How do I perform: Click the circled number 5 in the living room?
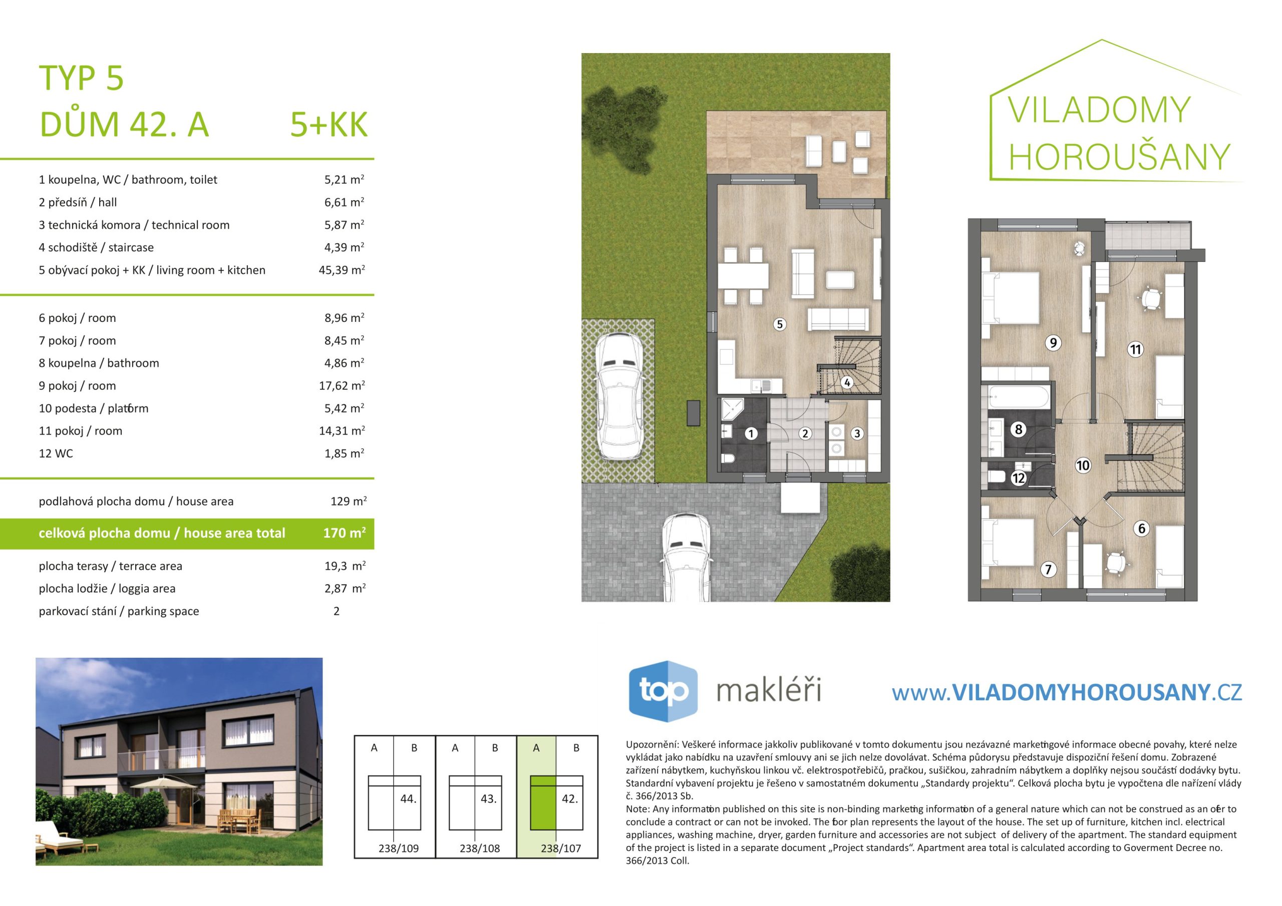pos(780,324)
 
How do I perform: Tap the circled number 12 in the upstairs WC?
pos(1019,478)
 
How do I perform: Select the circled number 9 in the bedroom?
pos(1053,343)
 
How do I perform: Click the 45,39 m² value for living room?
pos(341,270)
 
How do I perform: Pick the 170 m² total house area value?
pos(345,533)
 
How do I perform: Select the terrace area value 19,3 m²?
pos(345,566)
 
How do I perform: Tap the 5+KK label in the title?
pos(329,125)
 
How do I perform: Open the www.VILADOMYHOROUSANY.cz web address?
pos(1067,693)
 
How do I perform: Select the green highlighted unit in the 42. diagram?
pos(543,803)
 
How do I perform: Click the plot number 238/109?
pos(399,848)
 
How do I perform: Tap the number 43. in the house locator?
pos(489,799)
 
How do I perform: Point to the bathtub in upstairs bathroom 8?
pos(1017,397)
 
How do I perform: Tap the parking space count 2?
pos(336,611)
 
